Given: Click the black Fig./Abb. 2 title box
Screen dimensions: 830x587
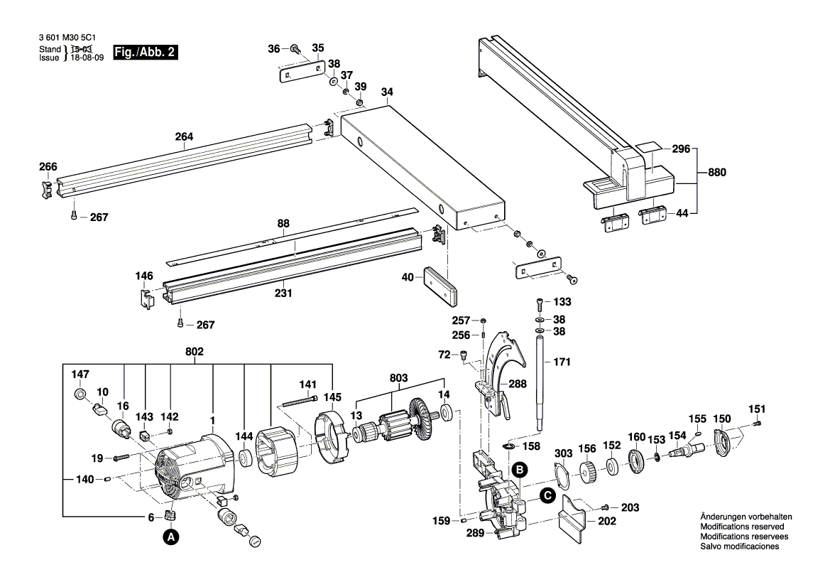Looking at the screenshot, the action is click(x=146, y=52).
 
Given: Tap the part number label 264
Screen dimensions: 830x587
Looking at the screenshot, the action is click(x=184, y=136).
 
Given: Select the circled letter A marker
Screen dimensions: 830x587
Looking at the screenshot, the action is click(x=170, y=537).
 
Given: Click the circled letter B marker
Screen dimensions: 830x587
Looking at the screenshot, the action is click(x=520, y=470).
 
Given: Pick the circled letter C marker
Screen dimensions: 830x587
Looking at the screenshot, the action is click(x=547, y=496).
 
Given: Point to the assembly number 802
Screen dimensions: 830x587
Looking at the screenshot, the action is click(x=195, y=352).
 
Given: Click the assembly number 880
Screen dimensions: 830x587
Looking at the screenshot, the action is click(x=717, y=172).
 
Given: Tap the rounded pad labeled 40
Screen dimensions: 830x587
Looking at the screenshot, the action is click(x=440, y=286).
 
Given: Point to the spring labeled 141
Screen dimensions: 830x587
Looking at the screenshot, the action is click(x=300, y=402).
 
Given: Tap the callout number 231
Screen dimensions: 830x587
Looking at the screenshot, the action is click(x=283, y=293).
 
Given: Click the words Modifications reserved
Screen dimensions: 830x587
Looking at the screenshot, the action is click(x=742, y=527).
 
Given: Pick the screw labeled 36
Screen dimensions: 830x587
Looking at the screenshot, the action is click(x=296, y=49).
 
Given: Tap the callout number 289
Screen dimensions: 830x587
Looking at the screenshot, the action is click(x=475, y=533).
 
